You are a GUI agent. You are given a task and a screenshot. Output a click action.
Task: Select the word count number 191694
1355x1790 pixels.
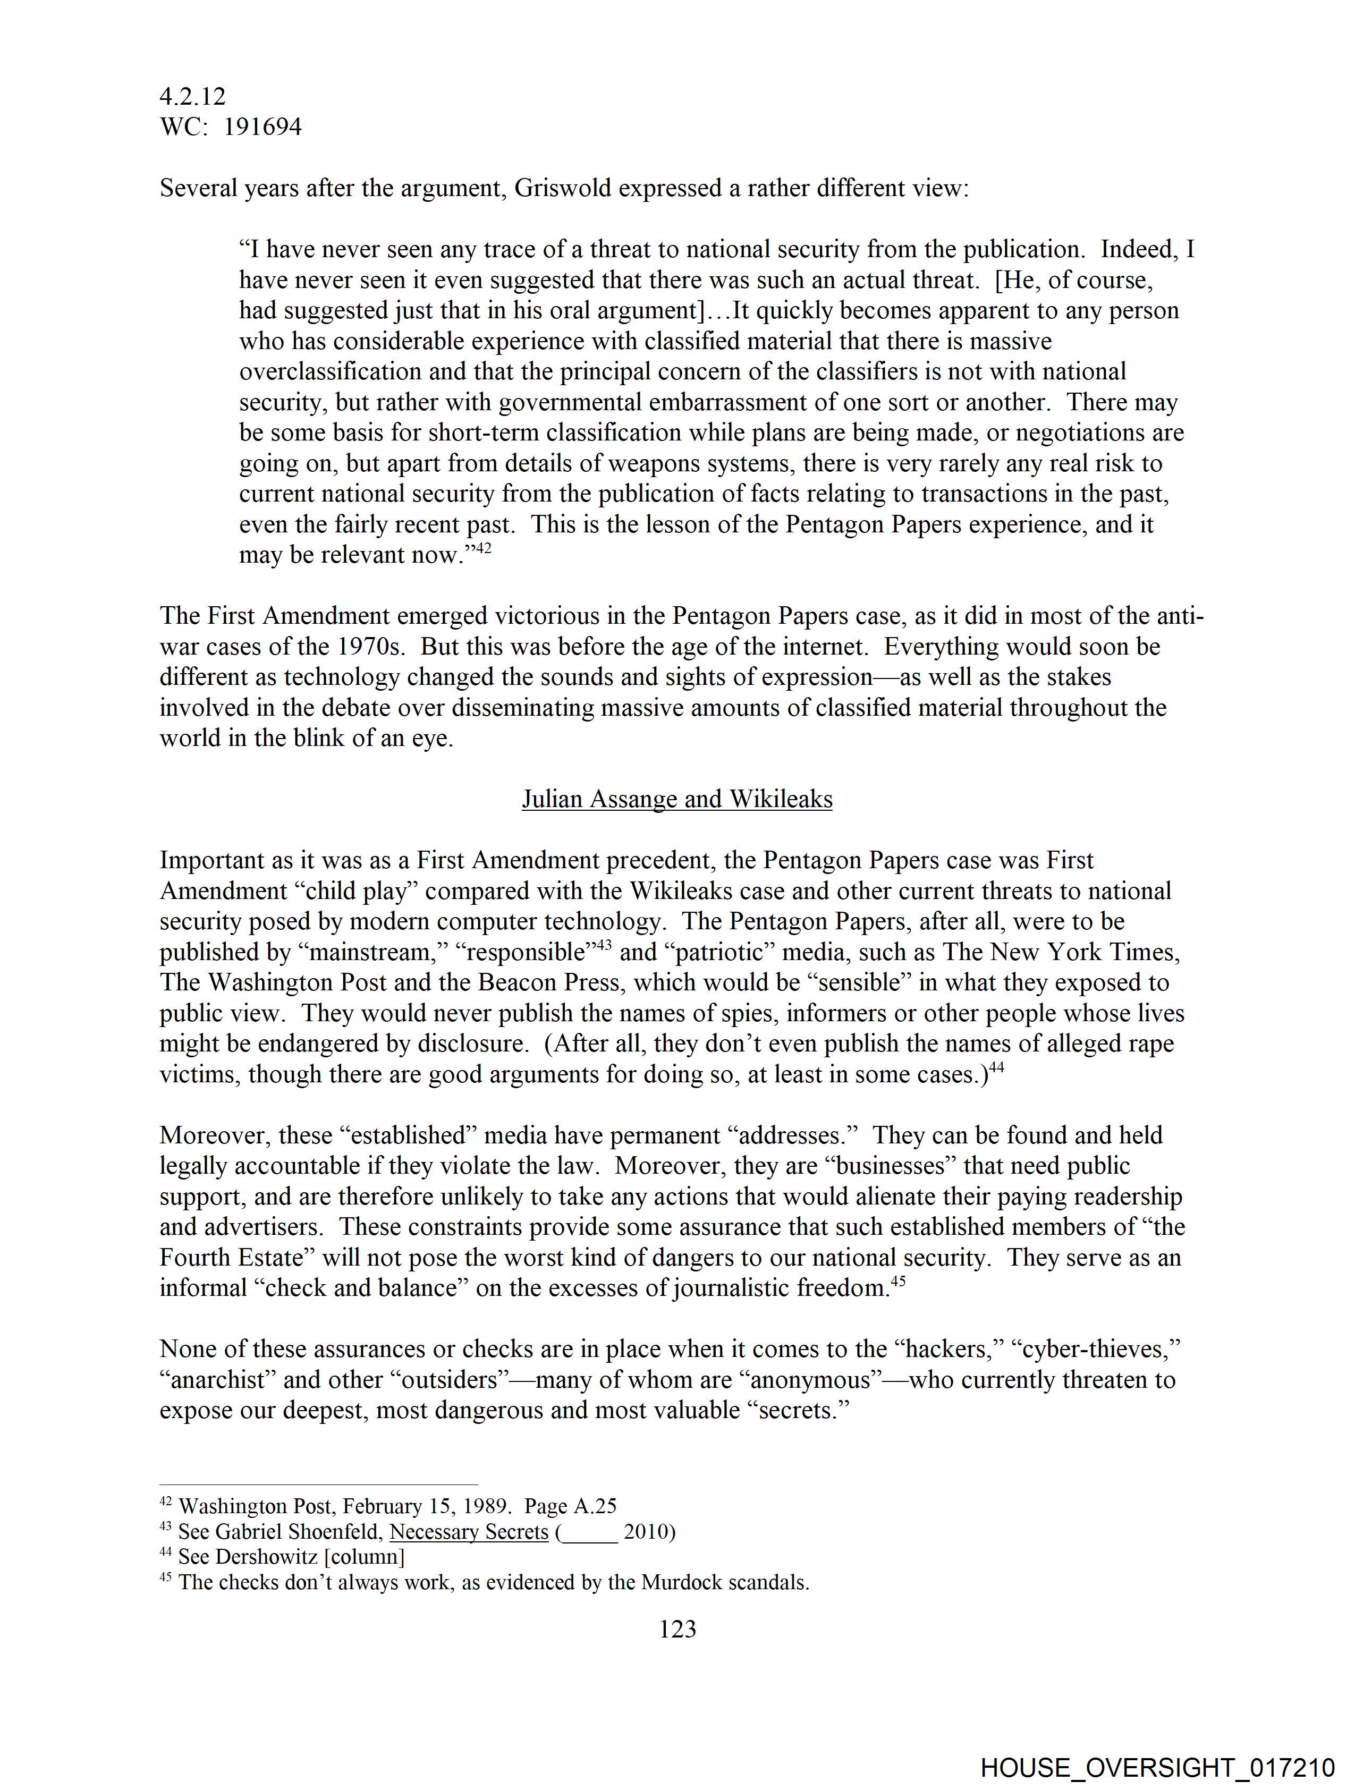pyautogui.click(x=262, y=127)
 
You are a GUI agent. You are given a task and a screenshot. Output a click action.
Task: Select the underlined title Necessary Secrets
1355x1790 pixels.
pyautogui.click(x=469, y=1531)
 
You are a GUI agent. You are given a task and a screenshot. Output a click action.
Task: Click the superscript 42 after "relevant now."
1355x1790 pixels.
pyautogui.click(x=482, y=549)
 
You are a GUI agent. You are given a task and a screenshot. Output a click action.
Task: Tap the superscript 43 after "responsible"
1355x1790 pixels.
pyautogui.click(x=604, y=945)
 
